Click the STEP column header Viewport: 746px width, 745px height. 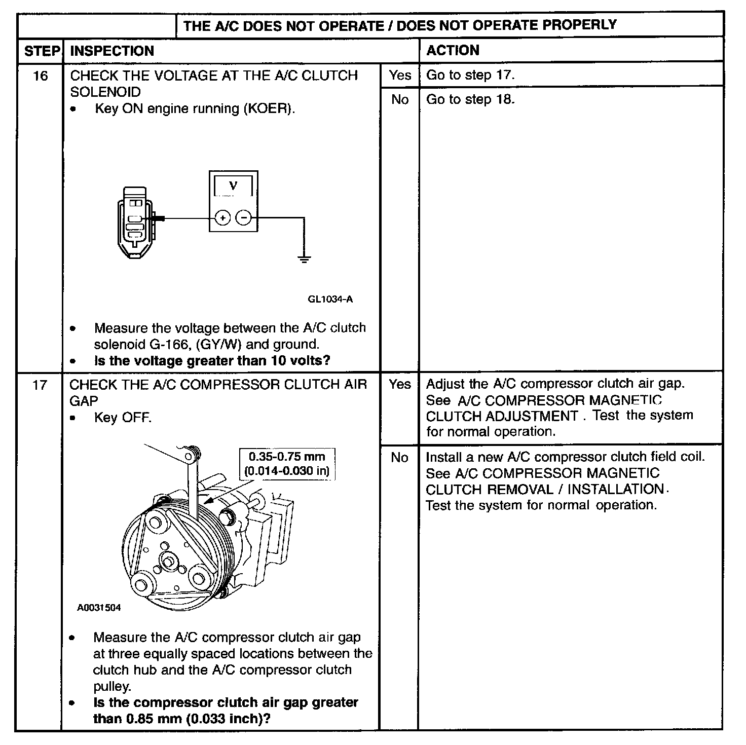42,51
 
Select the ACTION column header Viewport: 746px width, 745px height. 453,50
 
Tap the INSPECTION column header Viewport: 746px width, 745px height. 111,51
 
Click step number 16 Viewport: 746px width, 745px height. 40,76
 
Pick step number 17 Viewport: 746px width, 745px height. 40,385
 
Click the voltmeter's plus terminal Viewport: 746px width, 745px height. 222,218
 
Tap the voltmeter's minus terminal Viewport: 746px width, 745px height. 244,218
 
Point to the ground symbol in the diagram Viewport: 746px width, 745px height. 304,259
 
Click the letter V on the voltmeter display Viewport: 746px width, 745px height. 233,185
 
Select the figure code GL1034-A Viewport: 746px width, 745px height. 330,299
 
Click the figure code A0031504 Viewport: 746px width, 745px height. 99,608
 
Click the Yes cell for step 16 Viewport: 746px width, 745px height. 400,76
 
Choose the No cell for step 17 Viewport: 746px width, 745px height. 399,458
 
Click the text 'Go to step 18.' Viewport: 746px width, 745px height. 470,99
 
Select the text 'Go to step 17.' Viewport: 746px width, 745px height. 470,76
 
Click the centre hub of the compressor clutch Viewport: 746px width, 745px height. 168,561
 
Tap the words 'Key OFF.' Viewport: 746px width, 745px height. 123,418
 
